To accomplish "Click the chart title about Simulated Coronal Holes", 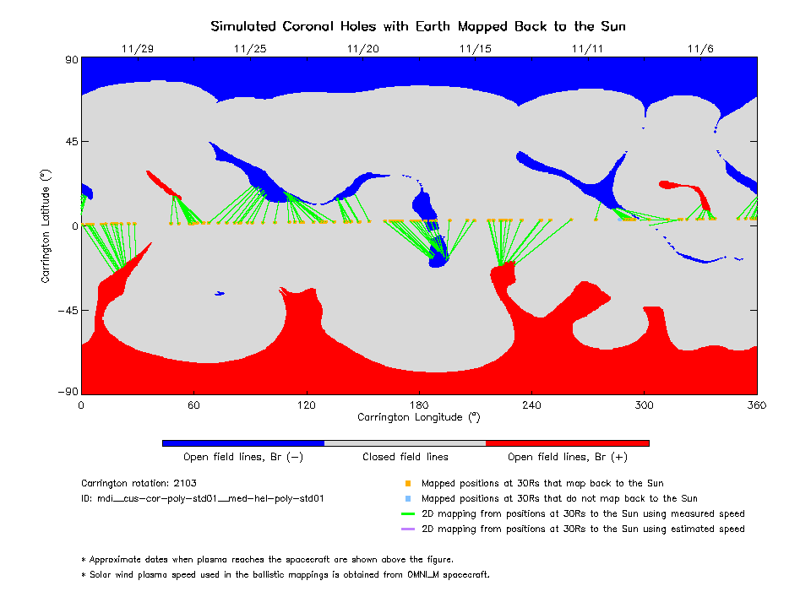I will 418,26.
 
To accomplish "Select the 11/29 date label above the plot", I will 138,49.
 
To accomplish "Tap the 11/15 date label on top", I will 476,49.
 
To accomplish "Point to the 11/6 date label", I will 700,49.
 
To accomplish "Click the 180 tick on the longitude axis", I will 419,404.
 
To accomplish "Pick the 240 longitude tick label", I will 531,404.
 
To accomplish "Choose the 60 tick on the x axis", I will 193,404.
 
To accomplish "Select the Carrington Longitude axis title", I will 418,417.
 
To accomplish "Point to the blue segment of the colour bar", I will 243,442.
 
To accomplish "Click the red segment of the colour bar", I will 568,442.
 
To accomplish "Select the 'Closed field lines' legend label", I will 405,457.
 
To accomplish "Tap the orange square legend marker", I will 407,484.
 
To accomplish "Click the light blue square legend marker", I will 407,499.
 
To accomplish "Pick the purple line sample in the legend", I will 407,529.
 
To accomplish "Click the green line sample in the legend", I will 407,514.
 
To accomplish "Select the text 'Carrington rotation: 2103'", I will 138,484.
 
